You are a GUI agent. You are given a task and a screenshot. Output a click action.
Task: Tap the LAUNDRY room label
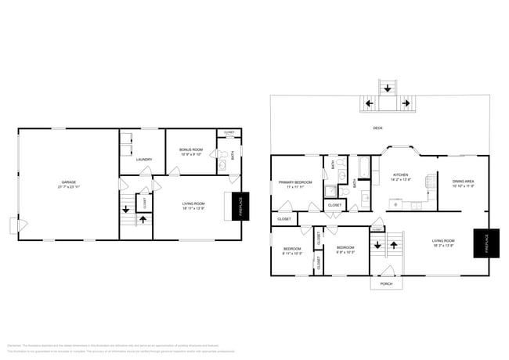pos(143,160)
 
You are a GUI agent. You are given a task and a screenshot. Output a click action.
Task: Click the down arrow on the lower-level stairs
pos(127,211)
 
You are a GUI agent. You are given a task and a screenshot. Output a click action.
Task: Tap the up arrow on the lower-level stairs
pos(142,220)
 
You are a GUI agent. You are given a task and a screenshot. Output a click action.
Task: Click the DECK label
pos(377,128)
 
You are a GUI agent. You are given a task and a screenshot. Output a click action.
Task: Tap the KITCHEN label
pos(400,176)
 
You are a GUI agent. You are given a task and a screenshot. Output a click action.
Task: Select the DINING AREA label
pos(463,182)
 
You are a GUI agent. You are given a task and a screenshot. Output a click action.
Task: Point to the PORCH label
pos(386,284)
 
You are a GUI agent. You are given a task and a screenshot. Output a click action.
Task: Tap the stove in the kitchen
pos(429,182)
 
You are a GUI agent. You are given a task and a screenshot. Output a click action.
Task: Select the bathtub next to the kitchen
pos(365,167)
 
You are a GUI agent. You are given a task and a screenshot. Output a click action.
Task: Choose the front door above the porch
pos(385,271)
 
